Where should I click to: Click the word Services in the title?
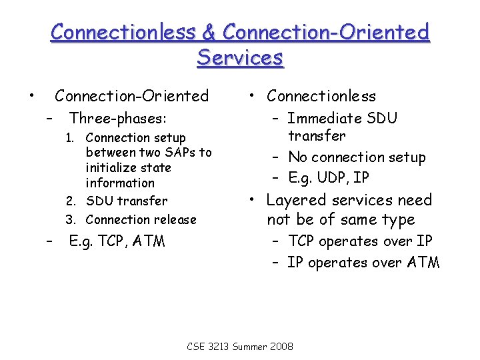[240, 57]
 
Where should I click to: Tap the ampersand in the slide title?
[207, 31]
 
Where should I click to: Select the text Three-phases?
[118, 119]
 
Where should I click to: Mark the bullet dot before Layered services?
[254, 199]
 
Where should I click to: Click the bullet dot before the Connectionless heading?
[254, 95]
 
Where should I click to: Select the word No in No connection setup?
[297, 157]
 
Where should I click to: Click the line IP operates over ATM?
[363, 263]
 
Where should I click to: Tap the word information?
[120, 183]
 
